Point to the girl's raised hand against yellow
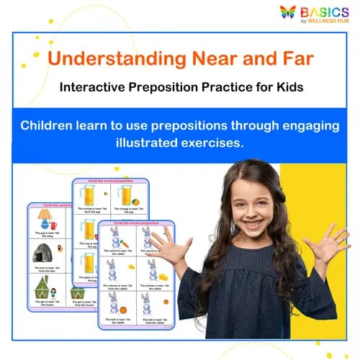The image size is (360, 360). point(327,245)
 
